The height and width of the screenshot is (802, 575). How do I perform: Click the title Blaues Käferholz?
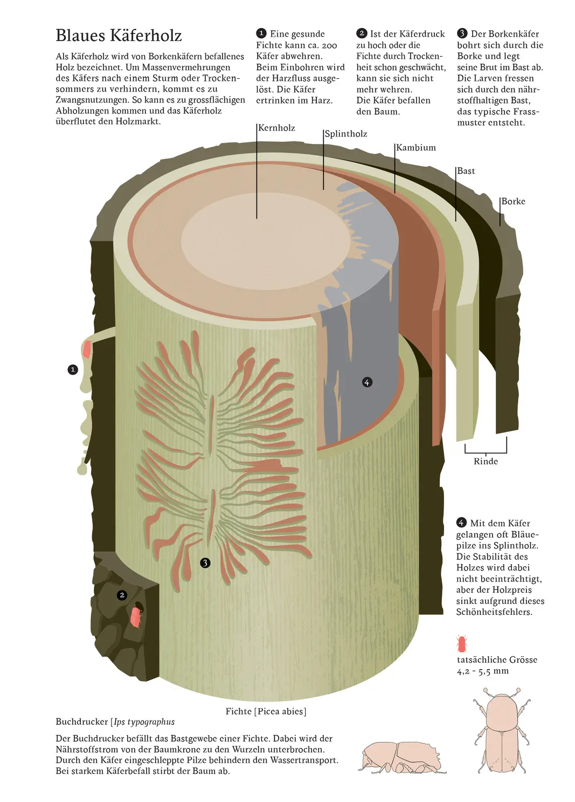(119, 36)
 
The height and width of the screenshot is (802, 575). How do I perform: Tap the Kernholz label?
(276, 128)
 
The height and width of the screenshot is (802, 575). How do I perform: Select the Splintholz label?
(346, 134)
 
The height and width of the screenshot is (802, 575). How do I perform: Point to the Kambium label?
(416, 148)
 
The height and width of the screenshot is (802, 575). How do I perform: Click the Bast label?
(466, 171)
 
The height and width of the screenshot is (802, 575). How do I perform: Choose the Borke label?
(513, 201)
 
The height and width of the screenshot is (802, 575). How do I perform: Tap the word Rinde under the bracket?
(486, 461)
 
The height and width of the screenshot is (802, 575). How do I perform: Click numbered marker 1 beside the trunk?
(73, 369)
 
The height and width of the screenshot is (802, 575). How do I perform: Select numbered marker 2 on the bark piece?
(122, 595)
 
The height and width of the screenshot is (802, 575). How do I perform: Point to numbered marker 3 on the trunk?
(205, 563)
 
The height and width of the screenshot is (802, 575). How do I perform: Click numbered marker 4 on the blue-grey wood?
(367, 382)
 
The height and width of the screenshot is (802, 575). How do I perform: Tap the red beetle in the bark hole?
(136, 616)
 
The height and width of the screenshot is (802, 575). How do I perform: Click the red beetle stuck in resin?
(87, 349)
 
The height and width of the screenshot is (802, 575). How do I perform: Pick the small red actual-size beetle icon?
(461, 643)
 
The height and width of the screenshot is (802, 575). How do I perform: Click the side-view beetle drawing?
(401, 757)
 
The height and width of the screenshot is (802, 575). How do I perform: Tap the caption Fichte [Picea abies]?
(266, 711)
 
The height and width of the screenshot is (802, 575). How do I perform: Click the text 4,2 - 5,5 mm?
(482, 671)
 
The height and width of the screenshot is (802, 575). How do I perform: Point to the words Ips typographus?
(144, 722)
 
